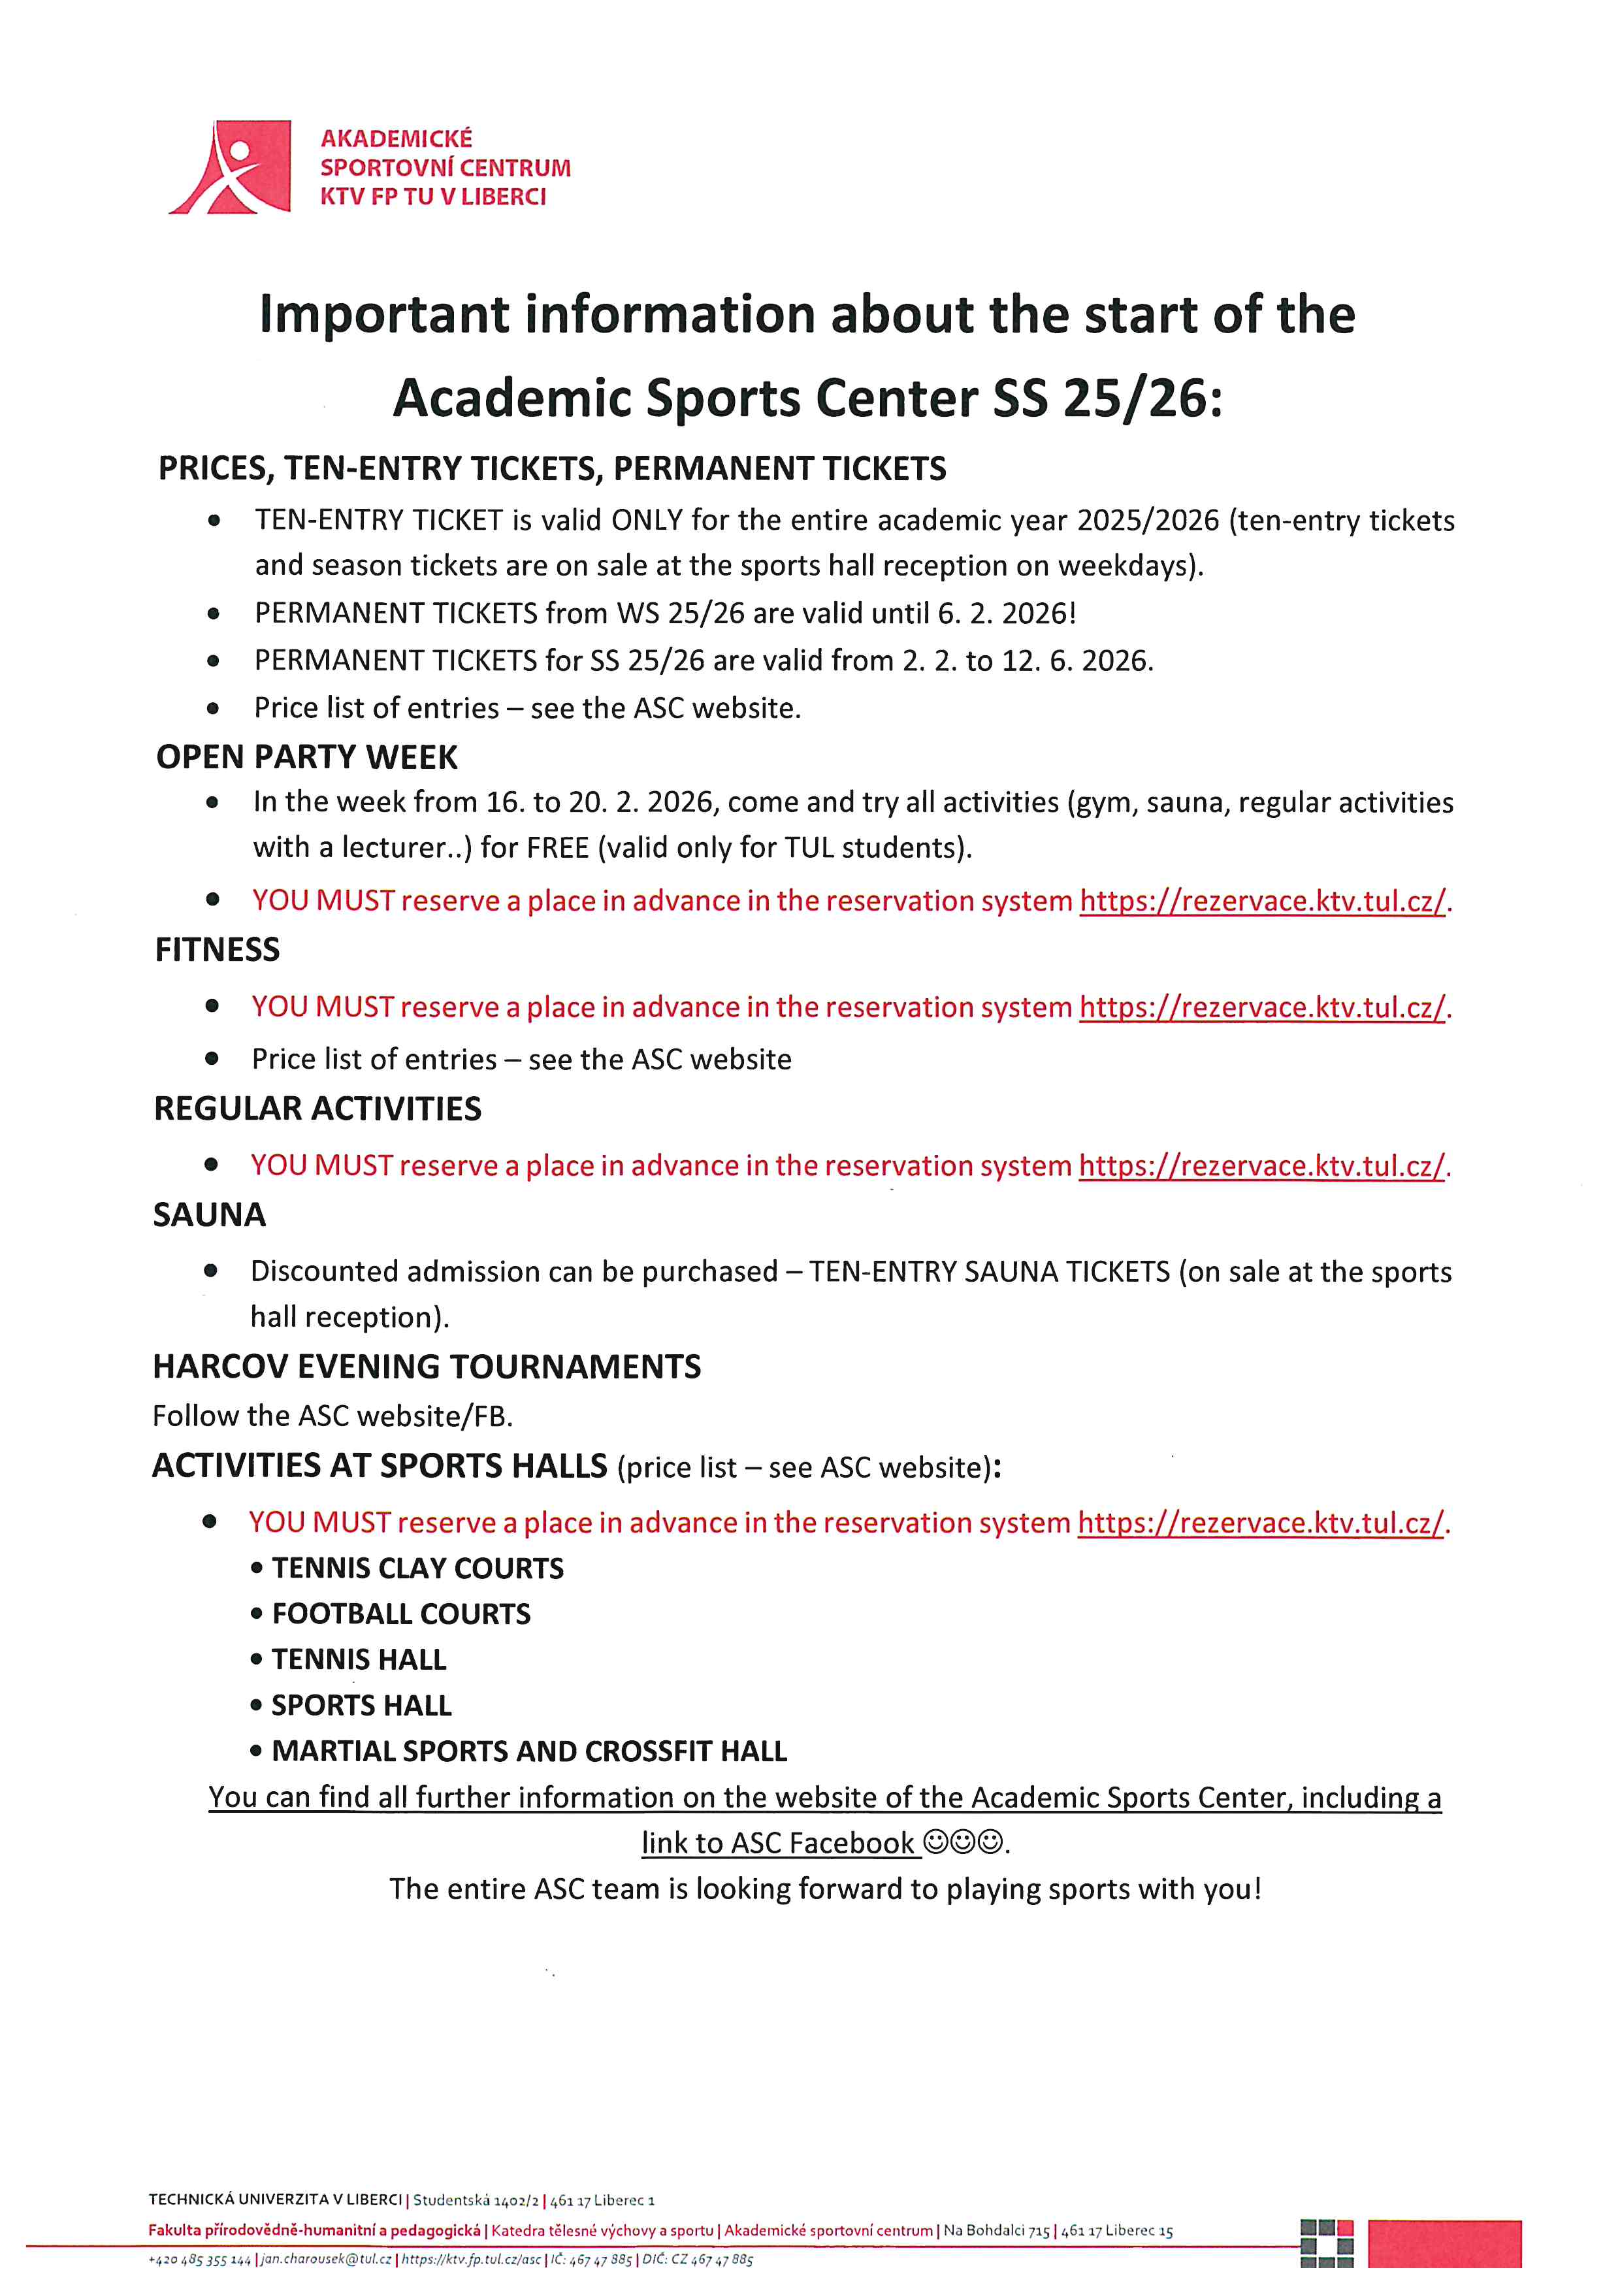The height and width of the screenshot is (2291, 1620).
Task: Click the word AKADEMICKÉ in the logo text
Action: pos(396,138)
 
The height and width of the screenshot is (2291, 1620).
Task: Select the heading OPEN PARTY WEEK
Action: pos(306,756)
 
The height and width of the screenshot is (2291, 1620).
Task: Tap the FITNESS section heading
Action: pos(218,949)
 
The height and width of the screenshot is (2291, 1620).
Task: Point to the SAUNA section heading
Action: pos(210,1214)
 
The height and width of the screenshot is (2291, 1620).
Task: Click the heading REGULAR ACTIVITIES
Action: pos(317,1109)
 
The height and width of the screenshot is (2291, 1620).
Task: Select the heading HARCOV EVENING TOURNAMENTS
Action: pos(427,1366)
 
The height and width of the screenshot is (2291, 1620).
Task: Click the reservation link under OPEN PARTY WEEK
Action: pos(1263,901)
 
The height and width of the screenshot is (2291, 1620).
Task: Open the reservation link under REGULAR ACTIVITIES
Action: pos(1262,1165)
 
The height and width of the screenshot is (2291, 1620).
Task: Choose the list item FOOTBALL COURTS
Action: pos(401,1614)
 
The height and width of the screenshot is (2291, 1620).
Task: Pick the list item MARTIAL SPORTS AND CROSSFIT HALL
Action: pos(528,1751)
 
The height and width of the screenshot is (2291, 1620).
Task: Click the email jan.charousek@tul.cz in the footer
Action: pos(326,2259)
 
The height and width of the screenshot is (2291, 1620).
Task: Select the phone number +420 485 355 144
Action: pos(199,2259)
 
